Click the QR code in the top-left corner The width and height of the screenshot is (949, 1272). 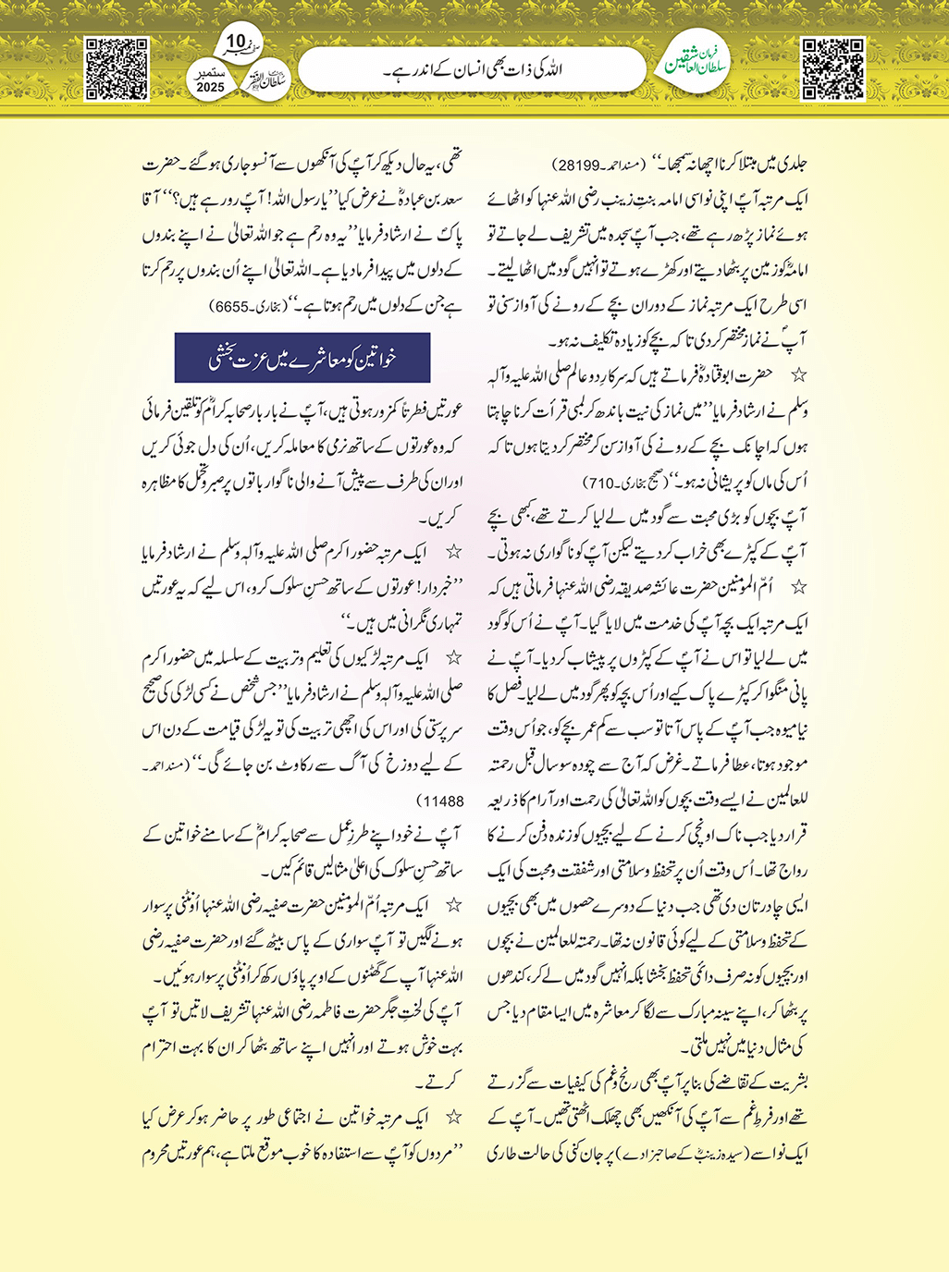point(117,68)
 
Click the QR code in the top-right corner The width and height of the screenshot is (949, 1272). point(832,68)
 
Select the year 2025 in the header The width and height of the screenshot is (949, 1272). point(211,87)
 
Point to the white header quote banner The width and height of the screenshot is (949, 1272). point(472,69)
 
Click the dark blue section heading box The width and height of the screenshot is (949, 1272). point(302,358)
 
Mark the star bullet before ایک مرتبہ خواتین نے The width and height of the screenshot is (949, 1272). point(453,1119)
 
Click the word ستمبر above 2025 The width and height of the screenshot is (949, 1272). point(211,71)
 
